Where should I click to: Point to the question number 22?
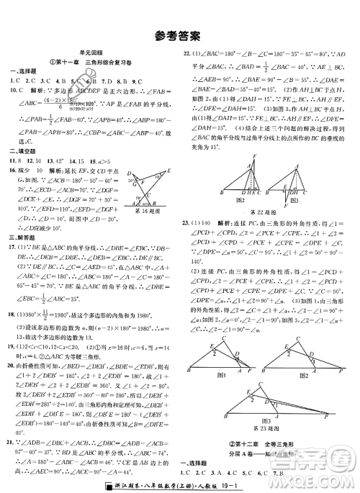coord(187,54)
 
